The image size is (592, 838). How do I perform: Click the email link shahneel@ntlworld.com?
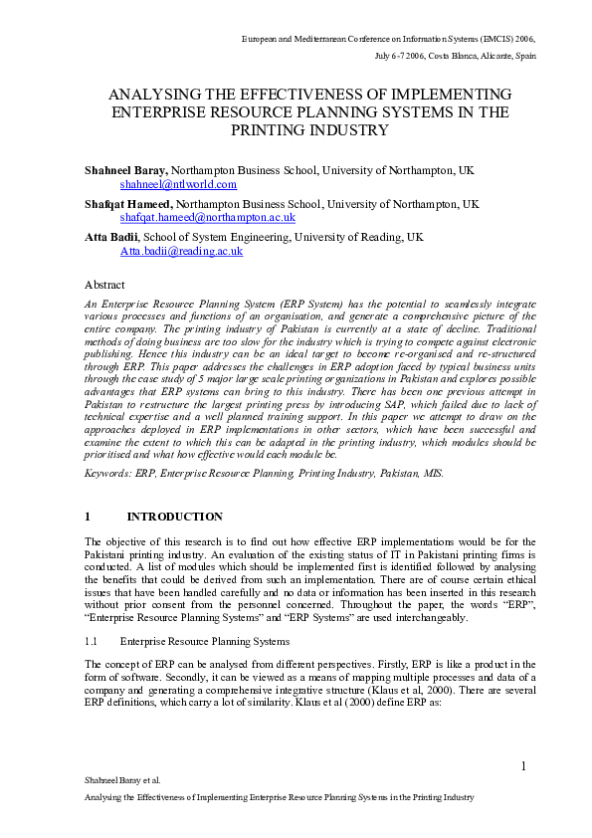point(178,184)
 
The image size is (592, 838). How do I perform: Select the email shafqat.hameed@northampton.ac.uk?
point(207,217)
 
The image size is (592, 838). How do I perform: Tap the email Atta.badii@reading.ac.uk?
point(181,251)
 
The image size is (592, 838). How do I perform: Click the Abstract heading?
point(104,284)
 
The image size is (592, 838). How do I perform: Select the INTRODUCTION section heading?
point(174,517)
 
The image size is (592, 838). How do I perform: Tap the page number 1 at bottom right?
point(522,764)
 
